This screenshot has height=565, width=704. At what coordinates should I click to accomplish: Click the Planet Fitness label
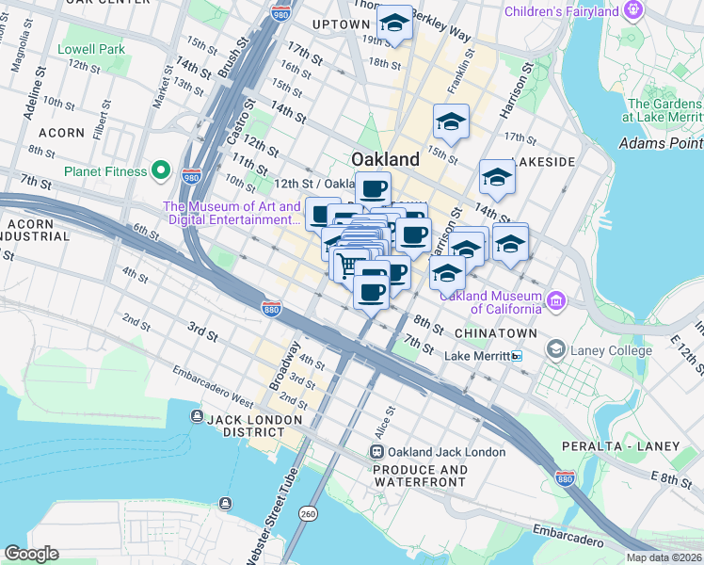105,172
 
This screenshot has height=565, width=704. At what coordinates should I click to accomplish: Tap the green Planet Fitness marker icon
162,171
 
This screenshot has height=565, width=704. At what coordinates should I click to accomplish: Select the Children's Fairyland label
561,11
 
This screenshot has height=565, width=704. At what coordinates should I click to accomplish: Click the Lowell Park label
90,49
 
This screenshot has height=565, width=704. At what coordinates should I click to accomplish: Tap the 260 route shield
308,514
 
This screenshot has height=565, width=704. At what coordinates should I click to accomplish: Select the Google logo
31,554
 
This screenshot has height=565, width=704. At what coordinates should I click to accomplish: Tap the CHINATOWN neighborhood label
495,333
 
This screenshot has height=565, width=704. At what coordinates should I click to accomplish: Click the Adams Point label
661,143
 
